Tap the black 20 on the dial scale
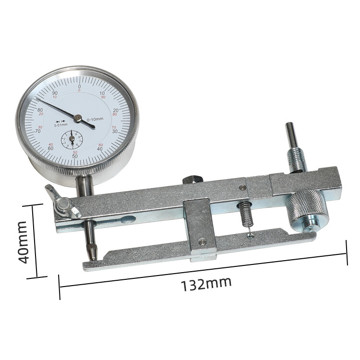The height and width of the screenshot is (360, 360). coord(116,110)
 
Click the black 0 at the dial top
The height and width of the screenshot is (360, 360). coord(79,86)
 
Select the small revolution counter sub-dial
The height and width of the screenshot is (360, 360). coord(72,140)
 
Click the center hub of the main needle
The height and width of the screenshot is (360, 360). coord(77,117)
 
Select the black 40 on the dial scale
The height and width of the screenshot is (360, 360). coord(100,149)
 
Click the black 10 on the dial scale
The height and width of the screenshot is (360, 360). coord(102,93)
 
